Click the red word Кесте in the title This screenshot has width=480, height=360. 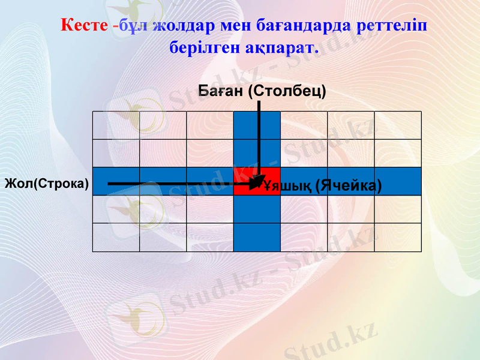(x=84, y=26)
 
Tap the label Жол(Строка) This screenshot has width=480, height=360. (x=46, y=183)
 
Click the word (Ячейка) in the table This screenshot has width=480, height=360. (x=348, y=185)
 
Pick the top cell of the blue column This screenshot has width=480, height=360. (x=257, y=125)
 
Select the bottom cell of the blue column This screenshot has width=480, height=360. (x=257, y=238)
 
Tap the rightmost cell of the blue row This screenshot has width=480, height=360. (x=398, y=181)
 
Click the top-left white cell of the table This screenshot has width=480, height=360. (x=116, y=125)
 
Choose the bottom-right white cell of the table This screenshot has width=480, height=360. (x=398, y=238)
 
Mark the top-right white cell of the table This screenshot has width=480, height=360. (x=398, y=125)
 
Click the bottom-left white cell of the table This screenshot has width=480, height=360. (x=116, y=238)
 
